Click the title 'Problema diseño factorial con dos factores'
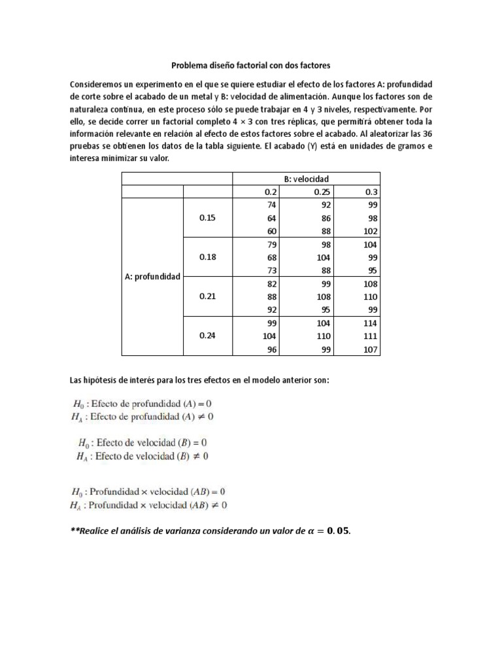coord(250,65)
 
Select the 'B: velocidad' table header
coord(306,178)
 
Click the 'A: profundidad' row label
coord(152,277)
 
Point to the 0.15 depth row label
coord(207,218)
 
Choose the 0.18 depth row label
coord(207,257)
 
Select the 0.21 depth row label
coord(207,296)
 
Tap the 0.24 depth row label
coord(207,336)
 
